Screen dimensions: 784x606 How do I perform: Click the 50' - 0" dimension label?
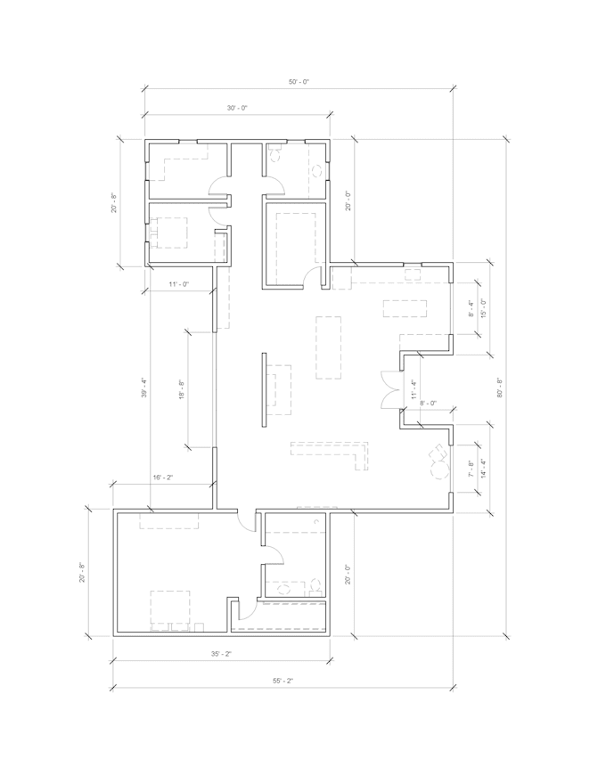[298, 82]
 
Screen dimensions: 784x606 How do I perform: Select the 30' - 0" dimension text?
[236, 108]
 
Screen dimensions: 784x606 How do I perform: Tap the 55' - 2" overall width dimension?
[283, 681]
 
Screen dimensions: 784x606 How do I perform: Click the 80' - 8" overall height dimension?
[500, 388]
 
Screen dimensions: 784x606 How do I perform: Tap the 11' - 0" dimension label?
[178, 284]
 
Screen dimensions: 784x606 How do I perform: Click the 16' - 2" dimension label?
[162, 478]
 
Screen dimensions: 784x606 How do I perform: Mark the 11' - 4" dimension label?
[413, 388]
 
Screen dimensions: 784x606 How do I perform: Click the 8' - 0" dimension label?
[428, 403]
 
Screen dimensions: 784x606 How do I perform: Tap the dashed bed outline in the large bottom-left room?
[172, 608]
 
